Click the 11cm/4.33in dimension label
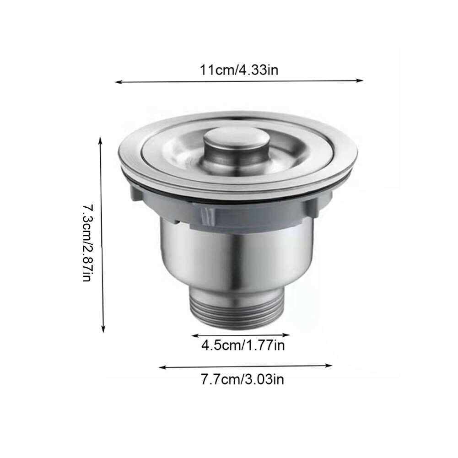(239, 70)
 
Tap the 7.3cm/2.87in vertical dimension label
(87, 243)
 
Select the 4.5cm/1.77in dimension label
(243, 345)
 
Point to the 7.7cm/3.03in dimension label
(242, 379)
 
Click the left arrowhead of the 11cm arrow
(118, 82)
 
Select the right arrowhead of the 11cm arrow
(360, 81)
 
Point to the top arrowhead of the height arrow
(101, 140)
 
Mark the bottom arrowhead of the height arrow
(103, 329)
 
